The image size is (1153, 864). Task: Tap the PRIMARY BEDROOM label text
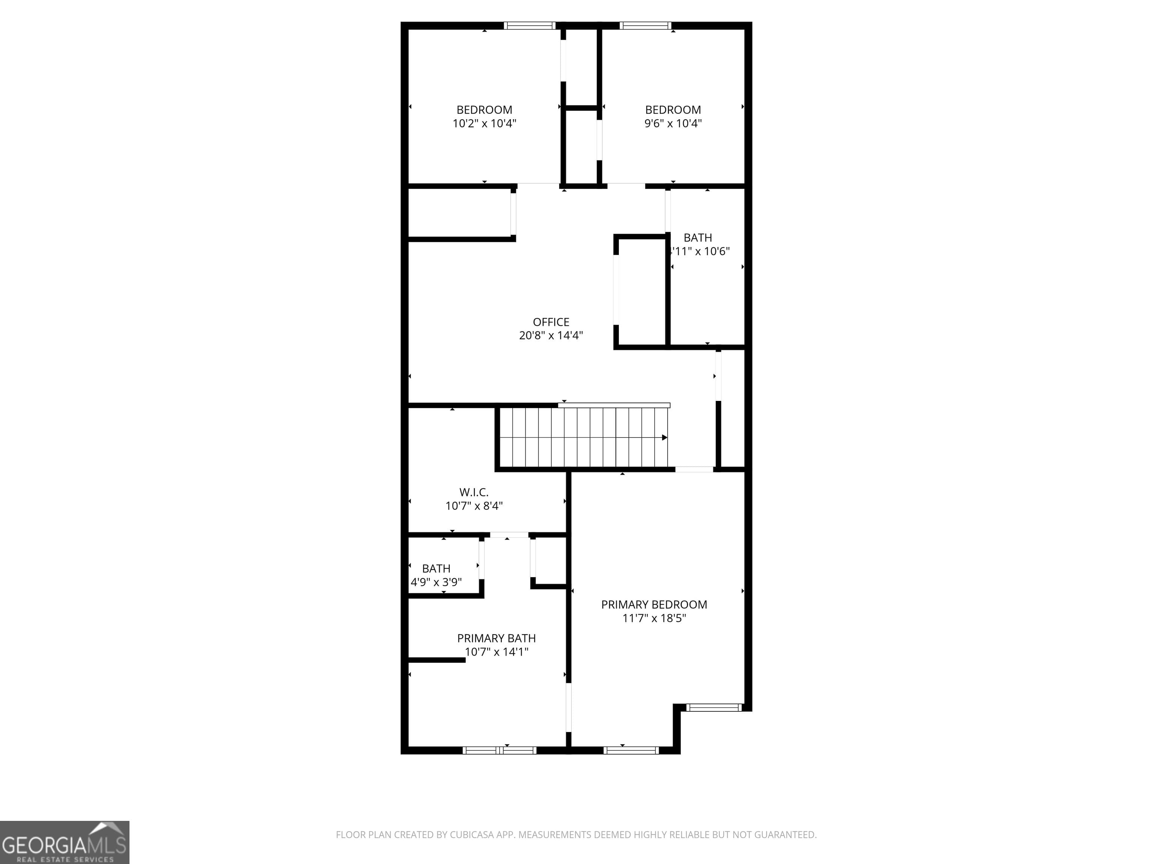pyautogui.click(x=654, y=604)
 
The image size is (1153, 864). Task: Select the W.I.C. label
pyautogui.click(x=474, y=492)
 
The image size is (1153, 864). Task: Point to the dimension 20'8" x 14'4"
pyautogui.click(x=551, y=335)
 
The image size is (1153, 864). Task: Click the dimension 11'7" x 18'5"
pyautogui.click(x=654, y=618)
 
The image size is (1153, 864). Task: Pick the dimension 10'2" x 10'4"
pyautogui.click(x=484, y=123)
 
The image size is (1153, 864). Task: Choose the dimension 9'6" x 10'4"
pyautogui.click(x=673, y=123)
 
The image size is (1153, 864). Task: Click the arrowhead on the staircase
pyautogui.click(x=664, y=438)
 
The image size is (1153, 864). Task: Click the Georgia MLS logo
pyautogui.click(x=65, y=842)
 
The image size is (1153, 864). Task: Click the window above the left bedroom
pyautogui.click(x=530, y=25)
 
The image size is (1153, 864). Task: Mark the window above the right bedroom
pyautogui.click(x=645, y=25)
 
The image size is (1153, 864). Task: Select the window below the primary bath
pyautogui.click(x=499, y=750)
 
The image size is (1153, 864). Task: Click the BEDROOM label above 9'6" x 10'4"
pyautogui.click(x=673, y=110)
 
